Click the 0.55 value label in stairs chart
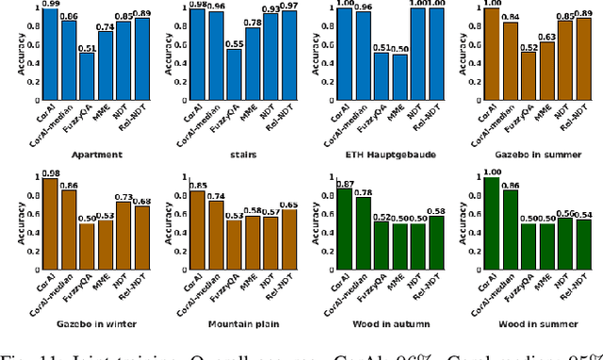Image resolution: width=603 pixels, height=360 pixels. tap(235, 43)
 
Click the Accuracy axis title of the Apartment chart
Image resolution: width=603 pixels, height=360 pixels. tap(9, 55)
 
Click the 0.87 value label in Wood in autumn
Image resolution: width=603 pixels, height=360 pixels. tap(346, 183)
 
